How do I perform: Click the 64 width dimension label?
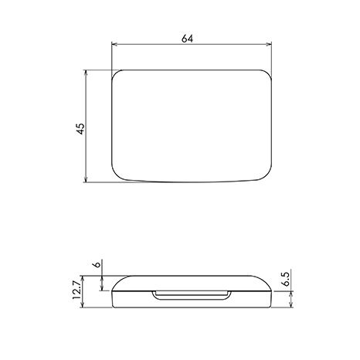coord(187,39)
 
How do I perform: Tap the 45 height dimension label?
coord(80,128)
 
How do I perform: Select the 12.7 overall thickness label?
coord(76,290)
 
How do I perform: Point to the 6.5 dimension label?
coord(286,279)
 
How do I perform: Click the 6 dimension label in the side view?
coord(97,264)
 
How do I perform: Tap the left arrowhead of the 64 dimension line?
coord(114,45)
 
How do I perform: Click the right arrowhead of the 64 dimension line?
coord(269,45)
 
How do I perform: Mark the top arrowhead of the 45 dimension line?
coord(86,73)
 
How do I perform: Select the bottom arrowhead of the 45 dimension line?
coord(86,179)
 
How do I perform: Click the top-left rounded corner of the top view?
coord(115,73)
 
